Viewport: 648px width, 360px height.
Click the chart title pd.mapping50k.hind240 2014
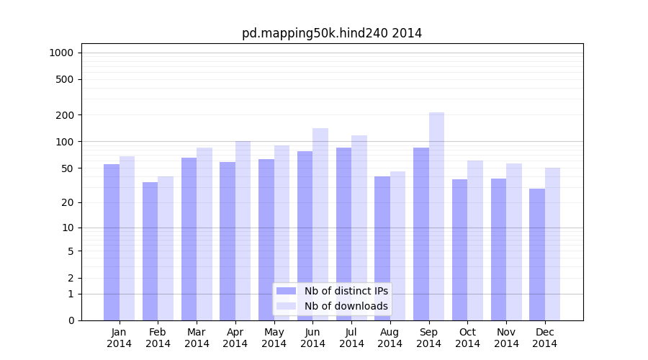(332, 33)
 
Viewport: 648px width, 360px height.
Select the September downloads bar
(436, 216)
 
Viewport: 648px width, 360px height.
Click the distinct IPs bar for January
(112, 242)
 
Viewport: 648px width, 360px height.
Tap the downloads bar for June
(320, 224)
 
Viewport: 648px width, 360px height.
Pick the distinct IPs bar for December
(537, 254)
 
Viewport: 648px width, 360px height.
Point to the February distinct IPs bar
(150, 251)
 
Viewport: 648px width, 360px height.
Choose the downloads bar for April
(243, 230)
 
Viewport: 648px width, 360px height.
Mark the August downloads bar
(397, 246)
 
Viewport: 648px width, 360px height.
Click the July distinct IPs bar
(343, 234)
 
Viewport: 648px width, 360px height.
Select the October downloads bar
(475, 240)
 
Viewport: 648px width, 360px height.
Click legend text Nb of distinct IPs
(346, 291)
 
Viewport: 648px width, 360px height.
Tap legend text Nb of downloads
(346, 306)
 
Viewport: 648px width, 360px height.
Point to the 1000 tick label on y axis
(61, 53)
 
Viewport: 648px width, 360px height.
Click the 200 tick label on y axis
(65, 115)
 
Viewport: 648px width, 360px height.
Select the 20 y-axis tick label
(67, 202)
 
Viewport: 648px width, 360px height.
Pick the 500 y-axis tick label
(65, 79)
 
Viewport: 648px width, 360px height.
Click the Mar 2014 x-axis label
(197, 338)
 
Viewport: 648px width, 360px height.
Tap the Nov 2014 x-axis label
(506, 338)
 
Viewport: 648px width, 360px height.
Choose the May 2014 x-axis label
(274, 338)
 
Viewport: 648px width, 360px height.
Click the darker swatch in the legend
(286, 291)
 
